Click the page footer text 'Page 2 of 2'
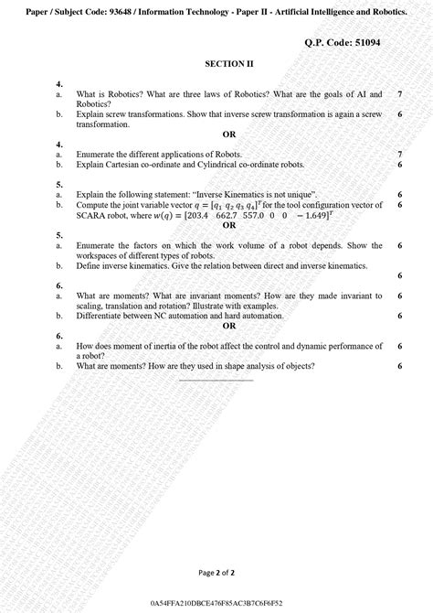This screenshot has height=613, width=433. point(216,574)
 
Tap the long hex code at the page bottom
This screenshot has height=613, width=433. point(216,605)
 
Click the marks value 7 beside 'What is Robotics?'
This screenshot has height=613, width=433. point(400,94)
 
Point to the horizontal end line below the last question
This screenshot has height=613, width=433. point(216,379)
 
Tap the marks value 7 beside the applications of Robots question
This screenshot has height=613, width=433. point(400,155)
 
